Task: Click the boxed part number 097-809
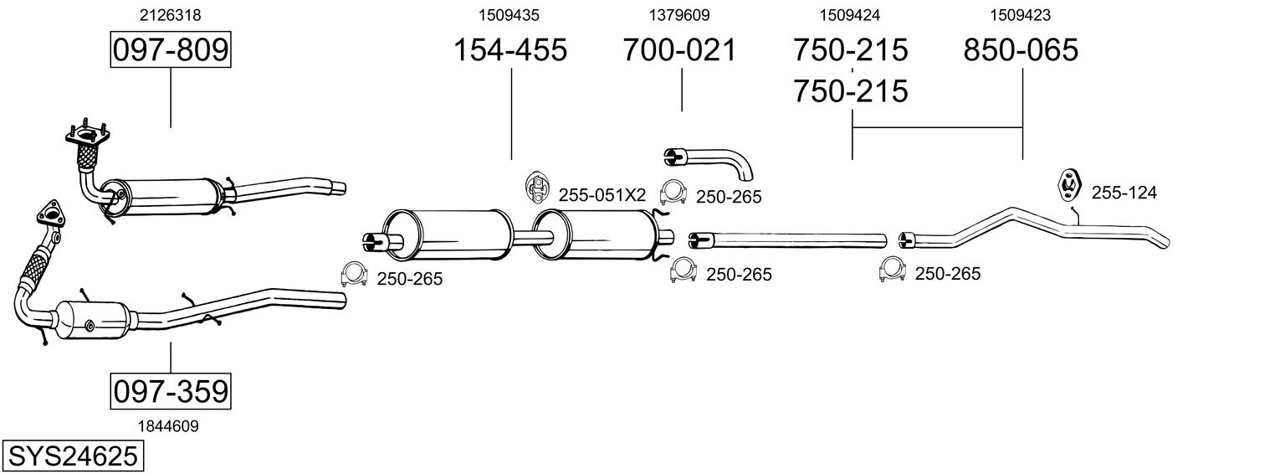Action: pos(171,50)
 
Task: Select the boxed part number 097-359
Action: pos(170,391)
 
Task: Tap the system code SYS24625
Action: pos(73,456)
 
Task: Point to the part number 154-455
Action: pos(510,50)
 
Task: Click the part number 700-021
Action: pos(680,50)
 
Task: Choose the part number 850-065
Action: pos(1021,50)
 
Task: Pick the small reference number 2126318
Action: pos(171,14)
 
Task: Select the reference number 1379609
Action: pos(679,14)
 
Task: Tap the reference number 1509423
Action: pos(1021,14)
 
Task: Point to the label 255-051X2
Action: pos(602,195)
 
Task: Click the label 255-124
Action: pos(1124,193)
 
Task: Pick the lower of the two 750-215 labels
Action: pos(851,90)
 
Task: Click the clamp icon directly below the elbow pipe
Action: pos(673,194)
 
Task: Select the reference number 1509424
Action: pos(850,14)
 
